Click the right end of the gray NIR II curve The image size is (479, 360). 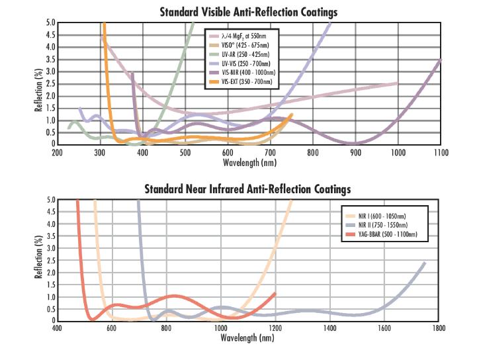[x=424, y=263]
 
